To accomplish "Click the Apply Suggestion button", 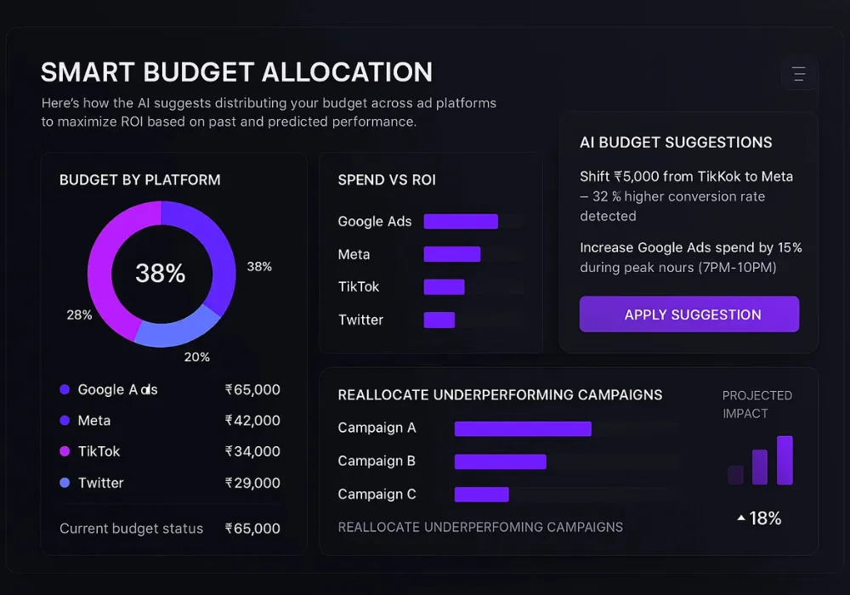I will click(x=689, y=314).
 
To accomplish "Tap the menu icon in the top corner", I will click(x=798, y=75).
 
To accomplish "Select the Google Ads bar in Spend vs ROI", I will click(x=461, y=221).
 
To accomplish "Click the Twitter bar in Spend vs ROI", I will click(x=439, y=320).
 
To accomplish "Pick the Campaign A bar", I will click(x=523, y=428).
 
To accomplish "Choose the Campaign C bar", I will click(x=481, y=495).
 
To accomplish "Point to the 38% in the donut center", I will click(x=161, y=274).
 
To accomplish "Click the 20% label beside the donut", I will click(x=197, y=357).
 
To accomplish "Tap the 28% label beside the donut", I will click(x=79, y=315).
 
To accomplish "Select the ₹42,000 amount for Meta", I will click(x=252, y=421).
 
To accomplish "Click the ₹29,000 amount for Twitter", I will click(x=252, y=483).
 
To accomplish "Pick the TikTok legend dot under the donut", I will click(x=65, y=451).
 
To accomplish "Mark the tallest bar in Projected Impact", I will click(x=785, y=460).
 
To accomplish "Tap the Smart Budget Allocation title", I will click(x=236, y=72).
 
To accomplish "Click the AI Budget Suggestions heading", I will click(x=676, y=143).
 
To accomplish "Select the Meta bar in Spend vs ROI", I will click(x=452, y=254).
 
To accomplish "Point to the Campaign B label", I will click(x=377, y=461).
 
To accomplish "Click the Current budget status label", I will click(x=132, y=529).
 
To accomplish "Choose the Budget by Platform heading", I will click(x=140, y=180).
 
